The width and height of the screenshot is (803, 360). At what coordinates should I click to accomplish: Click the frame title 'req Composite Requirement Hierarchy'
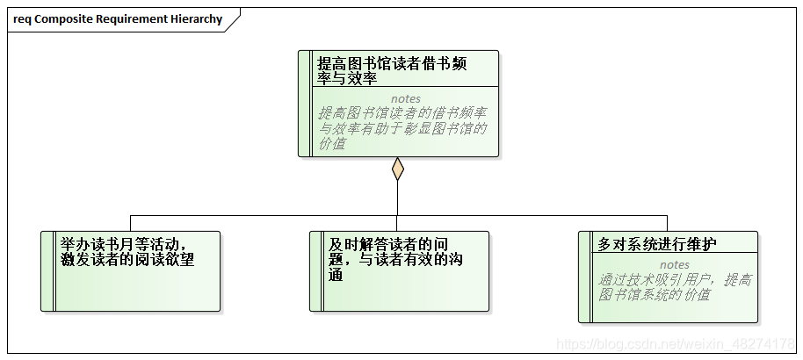118,19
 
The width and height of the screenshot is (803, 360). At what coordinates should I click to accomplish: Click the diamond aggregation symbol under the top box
398,169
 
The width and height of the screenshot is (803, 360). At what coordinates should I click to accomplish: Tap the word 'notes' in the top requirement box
405,98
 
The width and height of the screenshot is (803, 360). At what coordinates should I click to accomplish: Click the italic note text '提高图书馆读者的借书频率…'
403,128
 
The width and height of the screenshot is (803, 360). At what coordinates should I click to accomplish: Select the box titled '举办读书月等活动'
131,271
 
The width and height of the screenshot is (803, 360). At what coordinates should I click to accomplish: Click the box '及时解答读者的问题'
400,271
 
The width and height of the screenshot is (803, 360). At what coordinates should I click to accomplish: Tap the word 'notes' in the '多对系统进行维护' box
675,264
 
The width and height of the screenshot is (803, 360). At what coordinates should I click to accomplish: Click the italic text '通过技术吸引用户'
675,287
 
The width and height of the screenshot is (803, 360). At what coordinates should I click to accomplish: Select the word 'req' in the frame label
23,19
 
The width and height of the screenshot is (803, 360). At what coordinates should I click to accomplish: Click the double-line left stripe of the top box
305,104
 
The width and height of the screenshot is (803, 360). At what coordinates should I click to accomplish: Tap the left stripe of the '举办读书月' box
48,271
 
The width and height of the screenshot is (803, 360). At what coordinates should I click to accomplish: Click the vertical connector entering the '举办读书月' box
131,223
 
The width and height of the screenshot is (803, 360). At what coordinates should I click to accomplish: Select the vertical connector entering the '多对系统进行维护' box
667,223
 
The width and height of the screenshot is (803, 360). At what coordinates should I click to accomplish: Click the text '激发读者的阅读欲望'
127,260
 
